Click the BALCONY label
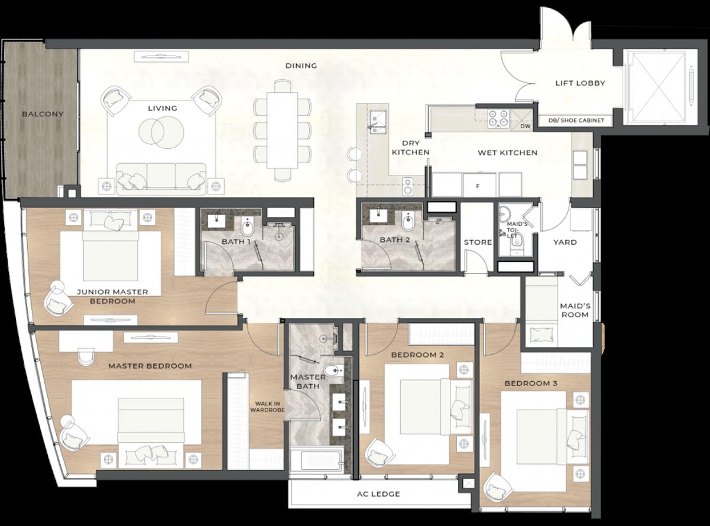click(43, 114)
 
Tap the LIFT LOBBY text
click(580, 83)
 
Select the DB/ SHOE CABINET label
click(576, 121)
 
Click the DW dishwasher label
click(526, 126)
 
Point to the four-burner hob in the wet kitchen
click(498, 119)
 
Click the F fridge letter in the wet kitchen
click(478, 186)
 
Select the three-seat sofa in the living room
click(161, 178)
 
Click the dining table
click(283, 130)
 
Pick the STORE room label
click(478, 242)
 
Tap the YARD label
click(565, 242)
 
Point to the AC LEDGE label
click(378, 494)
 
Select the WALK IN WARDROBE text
click(267, 407)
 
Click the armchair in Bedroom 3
click(498, 487)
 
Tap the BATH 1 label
click(236, 241)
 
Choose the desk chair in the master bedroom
click(86, 358)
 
